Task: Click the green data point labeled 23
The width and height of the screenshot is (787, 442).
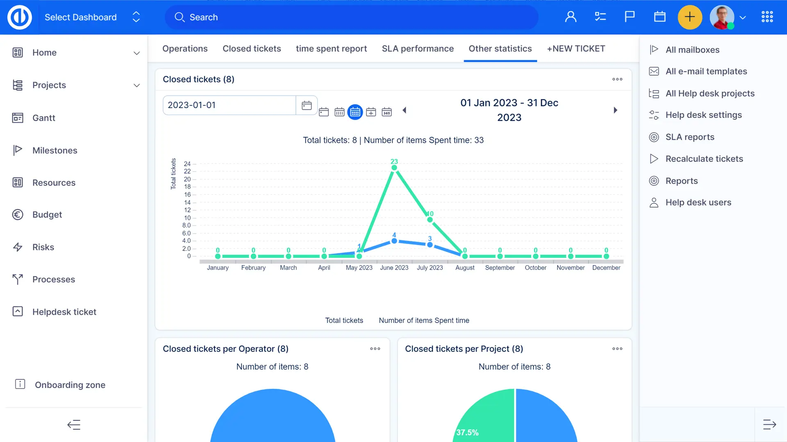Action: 394,168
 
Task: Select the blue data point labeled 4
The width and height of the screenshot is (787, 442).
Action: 394,241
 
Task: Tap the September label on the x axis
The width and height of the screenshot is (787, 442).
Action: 500,268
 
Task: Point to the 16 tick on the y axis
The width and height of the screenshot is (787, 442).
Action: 187,195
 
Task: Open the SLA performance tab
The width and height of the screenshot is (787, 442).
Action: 418,49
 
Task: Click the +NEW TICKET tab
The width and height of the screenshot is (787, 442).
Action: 576,49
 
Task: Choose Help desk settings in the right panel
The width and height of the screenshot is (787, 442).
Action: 703,115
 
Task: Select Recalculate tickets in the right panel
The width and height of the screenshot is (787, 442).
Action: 704,159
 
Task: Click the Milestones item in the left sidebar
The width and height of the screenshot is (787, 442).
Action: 55,150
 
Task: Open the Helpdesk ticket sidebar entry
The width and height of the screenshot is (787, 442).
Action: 64,312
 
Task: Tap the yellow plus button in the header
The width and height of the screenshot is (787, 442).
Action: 690,17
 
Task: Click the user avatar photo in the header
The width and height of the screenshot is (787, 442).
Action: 722,17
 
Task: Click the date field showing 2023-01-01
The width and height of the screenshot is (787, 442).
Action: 229,105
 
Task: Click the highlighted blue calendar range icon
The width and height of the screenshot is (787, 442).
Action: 355,112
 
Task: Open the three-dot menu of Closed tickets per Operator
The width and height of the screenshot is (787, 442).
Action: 375,349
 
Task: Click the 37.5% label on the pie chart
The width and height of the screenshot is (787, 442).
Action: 467,432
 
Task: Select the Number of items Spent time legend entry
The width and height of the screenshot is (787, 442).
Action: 424,320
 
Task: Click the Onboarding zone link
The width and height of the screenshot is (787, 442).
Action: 70,385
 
